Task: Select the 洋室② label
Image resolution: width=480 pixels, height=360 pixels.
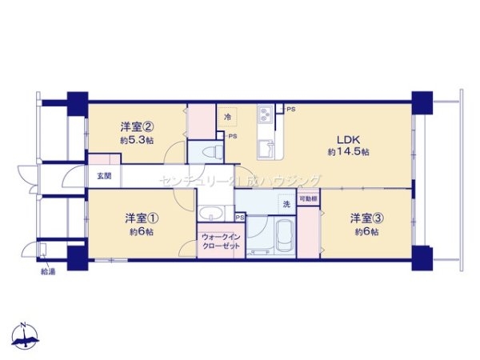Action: click(133, 126)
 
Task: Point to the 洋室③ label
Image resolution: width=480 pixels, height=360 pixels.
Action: click(364, 218)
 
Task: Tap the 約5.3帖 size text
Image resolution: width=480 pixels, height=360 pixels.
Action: click(133, 141)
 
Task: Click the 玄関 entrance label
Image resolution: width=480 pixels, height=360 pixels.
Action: click(105, 175)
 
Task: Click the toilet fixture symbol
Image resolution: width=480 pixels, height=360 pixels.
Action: click(212, 152)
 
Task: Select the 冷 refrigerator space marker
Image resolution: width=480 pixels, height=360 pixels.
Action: click(227, 115)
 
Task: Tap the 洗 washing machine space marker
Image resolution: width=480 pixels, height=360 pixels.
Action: click(286, 205)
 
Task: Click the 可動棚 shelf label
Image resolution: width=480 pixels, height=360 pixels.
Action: click(308, 198)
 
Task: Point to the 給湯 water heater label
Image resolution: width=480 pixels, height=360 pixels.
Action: click(48, 271)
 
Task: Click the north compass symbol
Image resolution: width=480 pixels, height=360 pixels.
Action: click(26, 336)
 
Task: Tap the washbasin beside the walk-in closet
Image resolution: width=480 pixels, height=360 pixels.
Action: click(212, 214)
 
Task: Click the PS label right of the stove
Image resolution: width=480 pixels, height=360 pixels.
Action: click(290, 109)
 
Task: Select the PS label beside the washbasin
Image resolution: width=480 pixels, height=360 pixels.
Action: click(240, 217)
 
